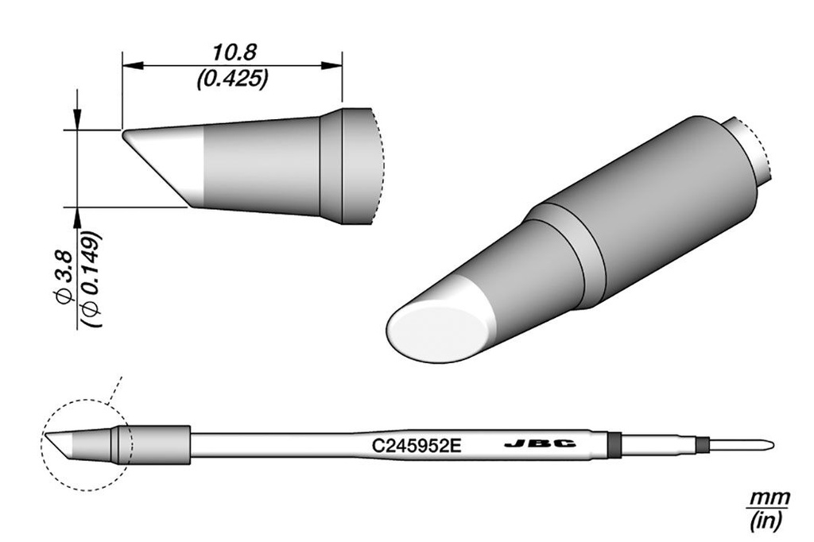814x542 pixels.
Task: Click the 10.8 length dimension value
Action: [x=233, y=52]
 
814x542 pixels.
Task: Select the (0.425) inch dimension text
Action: [x=233, y=79]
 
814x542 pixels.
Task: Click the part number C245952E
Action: [x=416, y=445]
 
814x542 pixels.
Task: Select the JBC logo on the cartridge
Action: [x=540, y=444]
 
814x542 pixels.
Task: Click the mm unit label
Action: [x=768, y=497]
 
